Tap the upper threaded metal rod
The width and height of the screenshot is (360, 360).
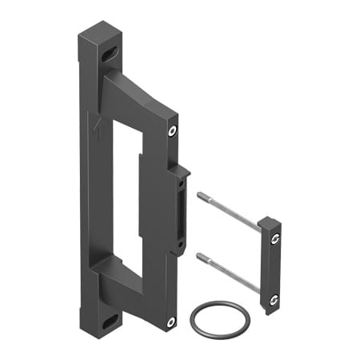click(228, 212)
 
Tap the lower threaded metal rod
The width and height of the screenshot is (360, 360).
click(228, 271)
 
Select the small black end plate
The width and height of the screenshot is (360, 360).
click(269, 260)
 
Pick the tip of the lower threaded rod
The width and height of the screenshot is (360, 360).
click(199, 255)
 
